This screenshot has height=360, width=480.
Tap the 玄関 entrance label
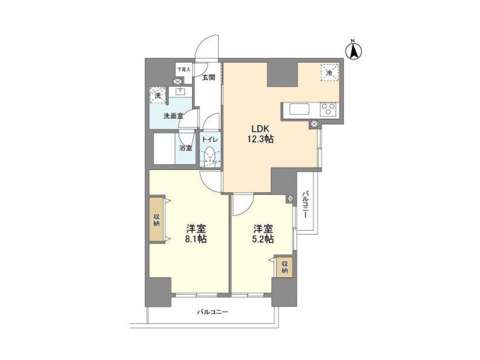pyautogui.click(x=209, y=77)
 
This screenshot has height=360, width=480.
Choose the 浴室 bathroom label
pyautogui.click(x=185, y=147)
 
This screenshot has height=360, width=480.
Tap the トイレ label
pyautogui.click(x=211, y=140)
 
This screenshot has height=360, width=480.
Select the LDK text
pyautogui.click(x=260, y=128)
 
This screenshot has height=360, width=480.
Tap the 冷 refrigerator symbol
pyautogui.click(x=329, y=71)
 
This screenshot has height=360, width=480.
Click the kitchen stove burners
pyautogui.click(x=328, y=109)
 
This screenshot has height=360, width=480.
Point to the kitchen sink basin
pyautogui.click(x=297, y=109)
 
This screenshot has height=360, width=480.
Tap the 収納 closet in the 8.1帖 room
pyautogui.click(x=155, y=221)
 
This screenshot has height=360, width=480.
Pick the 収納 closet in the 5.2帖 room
pyautogui.click(x=284, y=267)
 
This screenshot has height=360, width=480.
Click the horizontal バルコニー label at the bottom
pyautogui.click(x=213, y=311)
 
